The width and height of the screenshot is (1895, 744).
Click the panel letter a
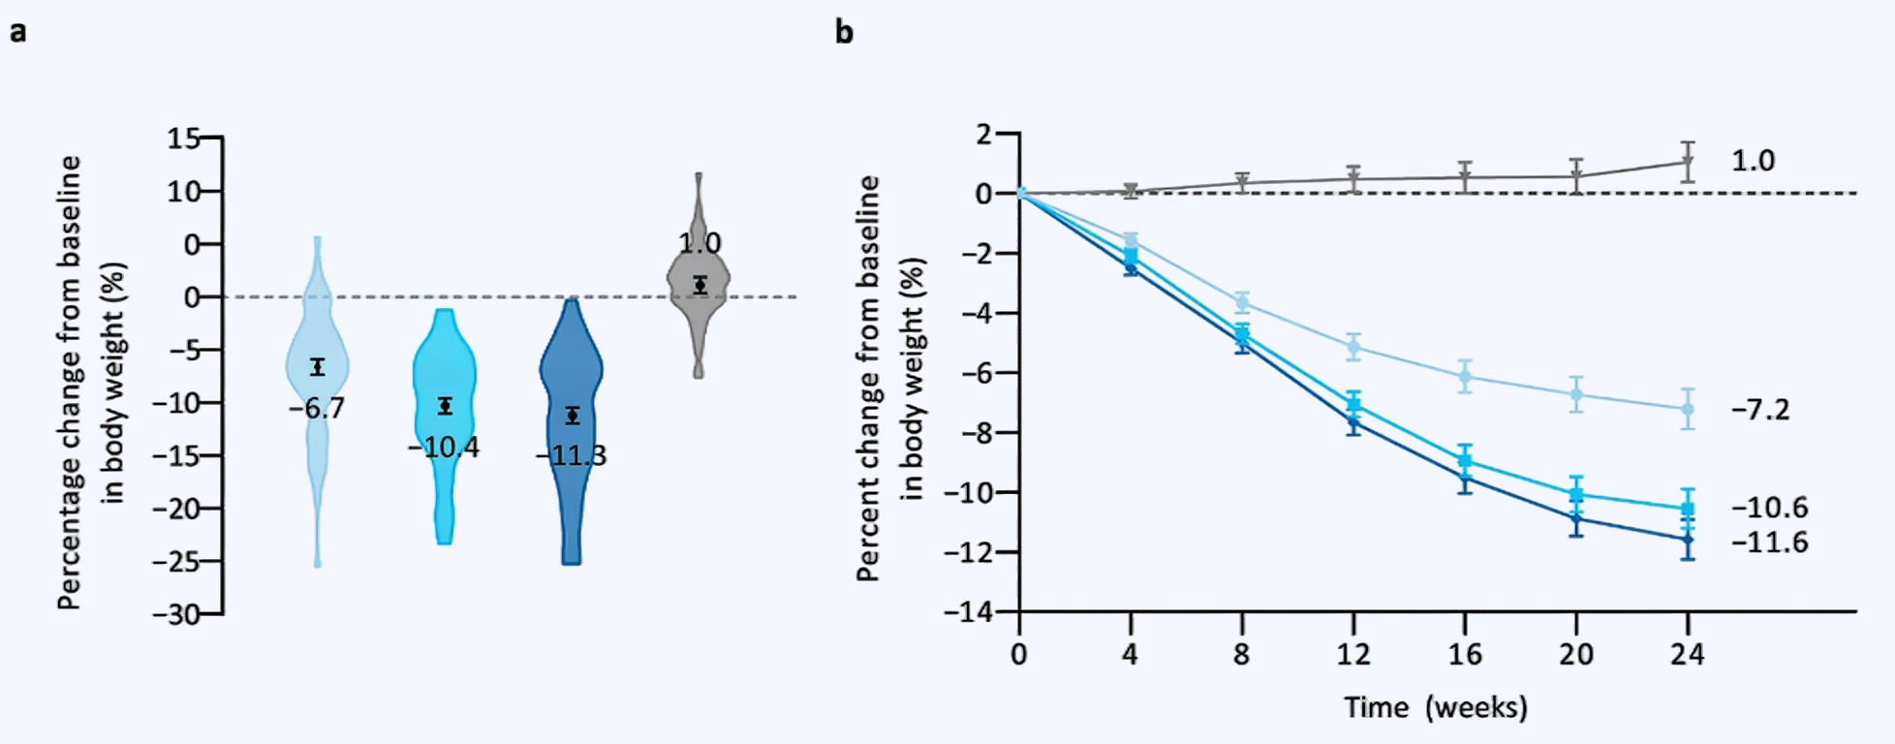tap(17, 32)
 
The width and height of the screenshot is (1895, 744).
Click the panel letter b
tap(845, 32)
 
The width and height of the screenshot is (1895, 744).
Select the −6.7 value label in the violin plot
tap(317, 409)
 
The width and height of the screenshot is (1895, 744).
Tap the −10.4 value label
tap(444, 448)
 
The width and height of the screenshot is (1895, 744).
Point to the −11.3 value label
tap(572, 455)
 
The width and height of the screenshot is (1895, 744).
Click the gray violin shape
tap(699, 291)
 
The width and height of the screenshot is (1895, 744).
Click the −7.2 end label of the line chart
tap(1760, 410)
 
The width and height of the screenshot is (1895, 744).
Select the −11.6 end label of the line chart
tap(1769, 542)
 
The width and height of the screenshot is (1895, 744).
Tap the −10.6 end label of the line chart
tap(1769, 508)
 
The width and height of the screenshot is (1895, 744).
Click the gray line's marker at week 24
tap(1688, 162)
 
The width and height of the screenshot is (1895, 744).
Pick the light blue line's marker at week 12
tap(1353, 346)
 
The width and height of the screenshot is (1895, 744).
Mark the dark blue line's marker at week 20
tap(1576, 519)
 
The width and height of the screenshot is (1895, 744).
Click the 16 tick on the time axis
tap(1465, 655)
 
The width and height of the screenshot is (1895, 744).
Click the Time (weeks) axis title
tap(1435, 707)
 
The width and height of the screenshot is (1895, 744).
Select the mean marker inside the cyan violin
tap(445, 406)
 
